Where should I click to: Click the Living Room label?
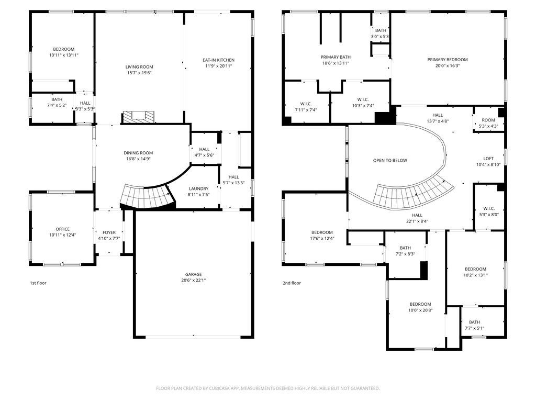click(139, 67)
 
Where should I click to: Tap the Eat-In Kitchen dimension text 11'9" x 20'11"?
click(218, 66)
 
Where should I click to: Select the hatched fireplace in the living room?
click(138, 117)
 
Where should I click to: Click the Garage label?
click(194, 274)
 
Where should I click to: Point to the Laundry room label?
click(198, 188)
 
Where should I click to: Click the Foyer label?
click(109, 232)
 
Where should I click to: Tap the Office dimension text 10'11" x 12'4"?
click(63, 235)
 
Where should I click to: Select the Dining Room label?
click(138, 153)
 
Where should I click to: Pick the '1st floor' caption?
click(38, 283)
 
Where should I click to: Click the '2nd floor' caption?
click(292, 283)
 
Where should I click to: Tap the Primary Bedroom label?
click(448, 60)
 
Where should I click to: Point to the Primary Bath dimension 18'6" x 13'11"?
click(336, 63)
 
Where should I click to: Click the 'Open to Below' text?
click(390, 160)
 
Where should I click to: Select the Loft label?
click(488, 159)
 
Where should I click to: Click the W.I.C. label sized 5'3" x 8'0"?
click(489, 208)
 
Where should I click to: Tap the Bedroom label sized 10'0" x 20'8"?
click(420, 304)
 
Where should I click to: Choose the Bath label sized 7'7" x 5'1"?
click(474, 322)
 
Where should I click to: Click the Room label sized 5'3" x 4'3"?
click(488, 120)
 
